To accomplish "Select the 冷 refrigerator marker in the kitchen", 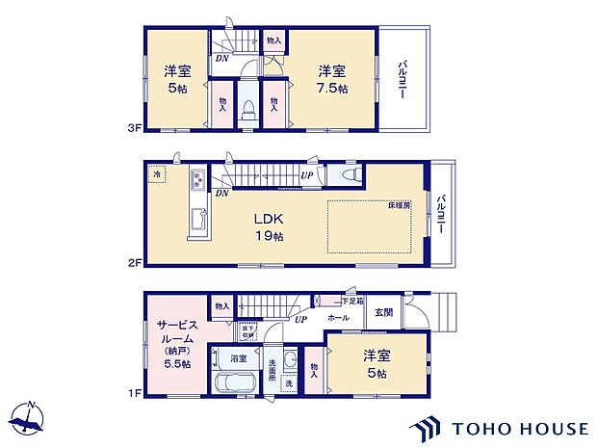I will coord(157,175).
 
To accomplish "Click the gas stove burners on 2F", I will coord(197,179).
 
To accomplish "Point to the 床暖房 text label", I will coord(400,206).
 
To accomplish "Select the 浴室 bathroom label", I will coord(237,357).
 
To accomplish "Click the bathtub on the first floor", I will coord(231,383).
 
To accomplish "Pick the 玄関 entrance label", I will coord(383,312).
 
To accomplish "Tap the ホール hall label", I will coord(338,316).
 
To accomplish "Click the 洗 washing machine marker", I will coord(289,382).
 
